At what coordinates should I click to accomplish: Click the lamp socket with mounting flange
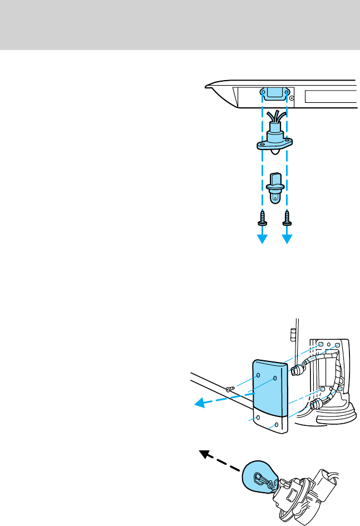pyautogui.click(x=274, y=142)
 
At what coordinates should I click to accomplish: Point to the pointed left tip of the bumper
pyautogui.click(x=207, y=86)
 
